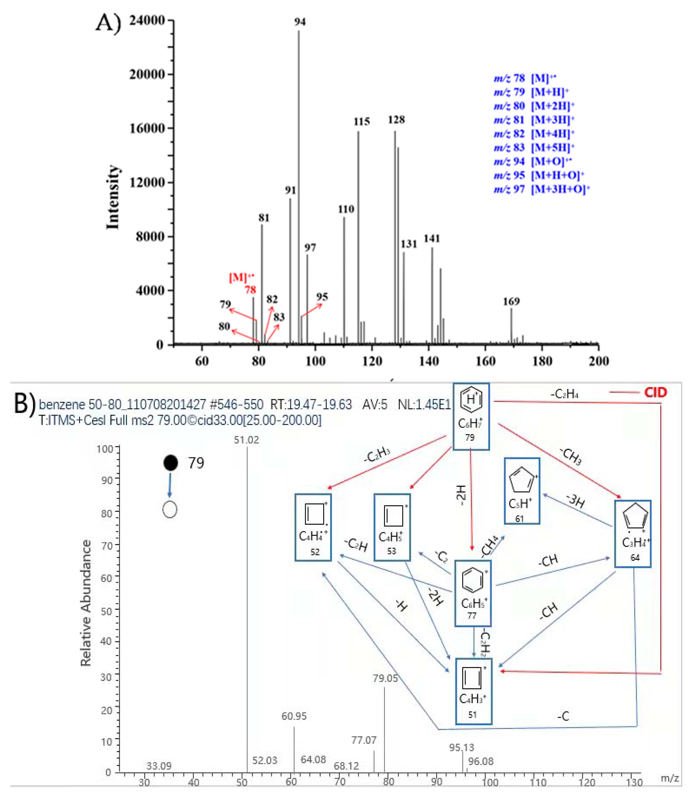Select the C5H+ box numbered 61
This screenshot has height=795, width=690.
click(x=522, y=491)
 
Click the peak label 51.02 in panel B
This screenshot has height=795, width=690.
click(x=246, y=440)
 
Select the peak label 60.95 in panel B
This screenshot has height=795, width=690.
click(x=294, y=716)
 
